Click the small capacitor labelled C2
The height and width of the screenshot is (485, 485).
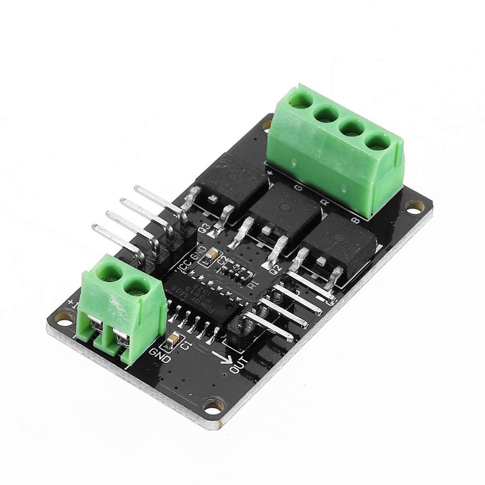tap(211, 256)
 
